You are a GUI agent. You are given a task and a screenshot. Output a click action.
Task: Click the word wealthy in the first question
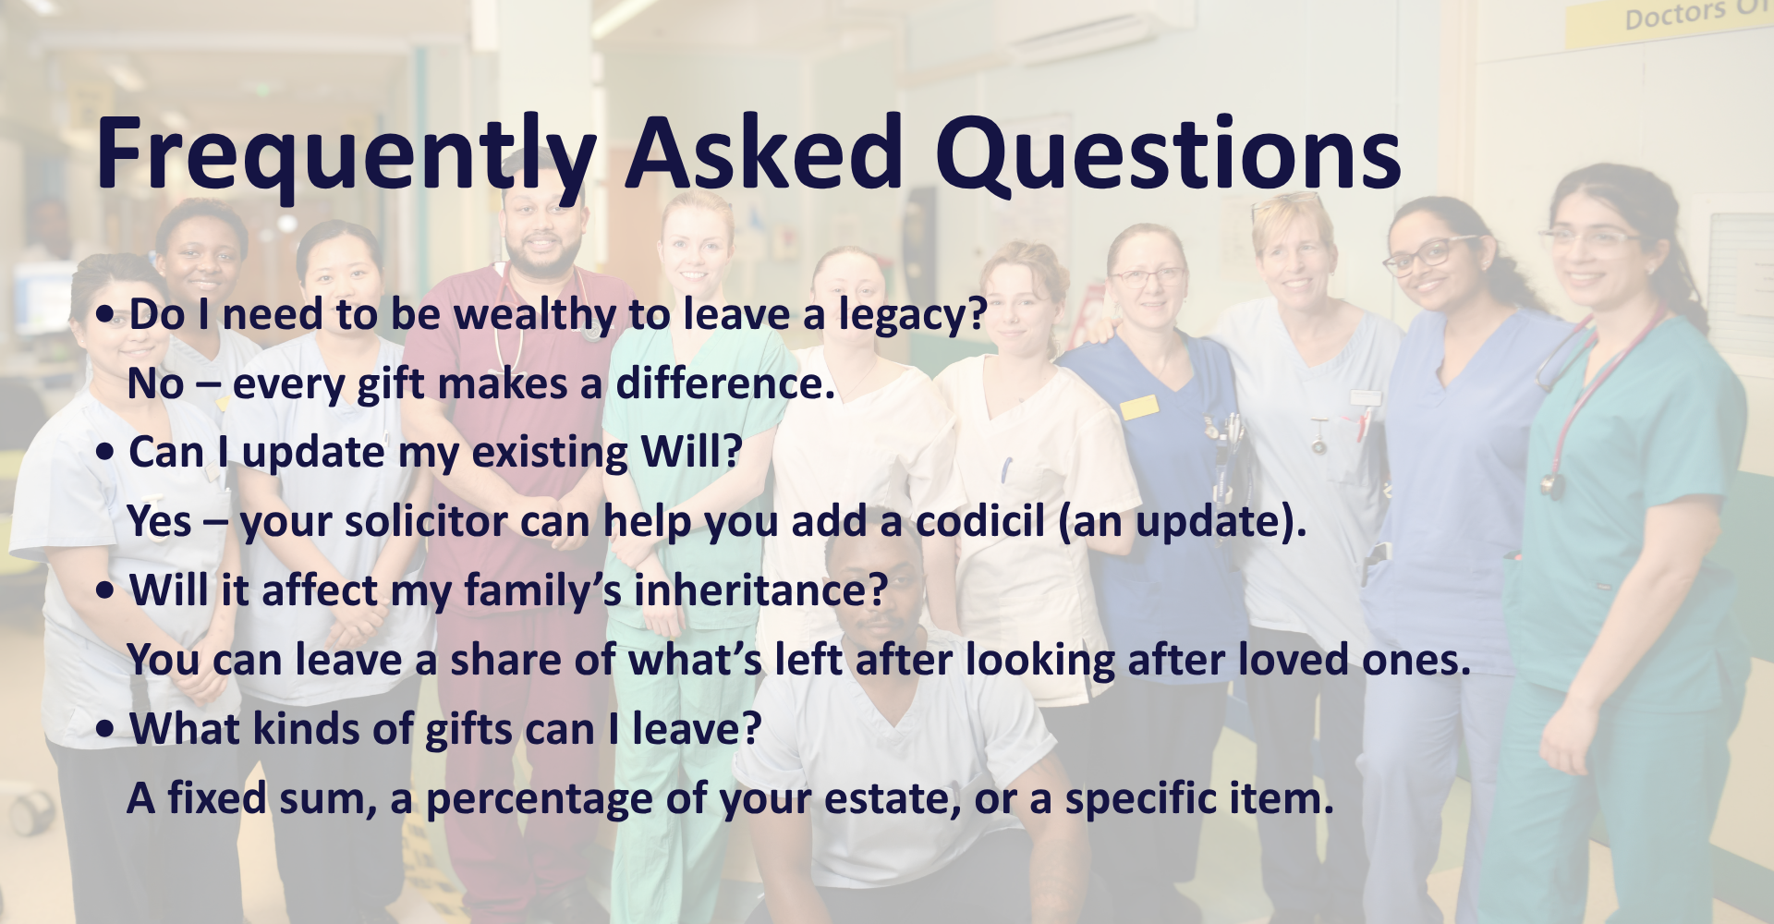tap(534, 316)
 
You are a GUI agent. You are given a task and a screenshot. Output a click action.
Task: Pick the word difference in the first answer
tap(726, 383)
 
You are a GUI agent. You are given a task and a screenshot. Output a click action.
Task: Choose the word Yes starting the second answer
tap(160, 521)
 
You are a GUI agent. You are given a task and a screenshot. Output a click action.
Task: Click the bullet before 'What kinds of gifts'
tap(106, 729)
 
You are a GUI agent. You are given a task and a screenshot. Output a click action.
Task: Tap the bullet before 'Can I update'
tap(106, 453)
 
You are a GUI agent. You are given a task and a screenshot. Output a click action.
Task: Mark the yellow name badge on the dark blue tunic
tap(1138, 407)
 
